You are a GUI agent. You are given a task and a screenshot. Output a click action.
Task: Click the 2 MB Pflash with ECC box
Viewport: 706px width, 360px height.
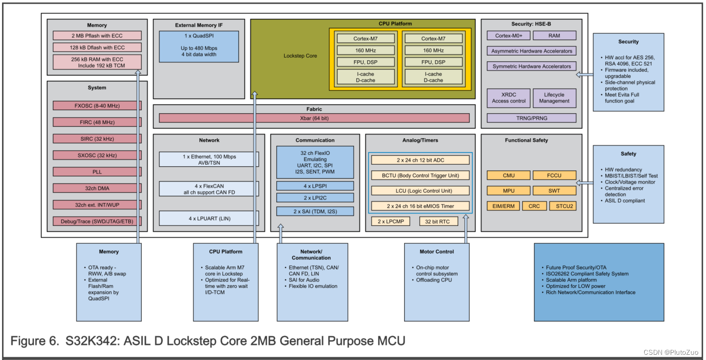(x=97, y=35)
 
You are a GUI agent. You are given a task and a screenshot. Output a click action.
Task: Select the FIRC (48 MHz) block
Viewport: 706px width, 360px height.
(x=97, y=122)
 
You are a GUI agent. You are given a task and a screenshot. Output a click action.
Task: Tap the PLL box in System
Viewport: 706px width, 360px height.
(x=97, y=171)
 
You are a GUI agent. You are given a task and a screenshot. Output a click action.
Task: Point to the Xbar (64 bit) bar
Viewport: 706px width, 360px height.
(x=314, y=118)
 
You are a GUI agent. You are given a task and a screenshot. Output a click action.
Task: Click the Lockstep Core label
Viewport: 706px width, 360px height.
(x=300, y=56)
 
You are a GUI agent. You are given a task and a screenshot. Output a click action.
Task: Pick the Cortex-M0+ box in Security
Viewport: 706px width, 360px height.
(x=508, y=35)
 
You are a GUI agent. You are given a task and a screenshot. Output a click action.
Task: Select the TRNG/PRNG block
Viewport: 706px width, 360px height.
(x=531, y=118)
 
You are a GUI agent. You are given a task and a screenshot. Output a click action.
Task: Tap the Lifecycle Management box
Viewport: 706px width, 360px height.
(x=554, y=98)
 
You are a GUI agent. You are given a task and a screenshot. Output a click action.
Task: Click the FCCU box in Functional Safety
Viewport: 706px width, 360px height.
(x=554, y=175)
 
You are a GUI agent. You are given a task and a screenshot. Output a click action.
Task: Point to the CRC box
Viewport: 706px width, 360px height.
(x=534, y=206)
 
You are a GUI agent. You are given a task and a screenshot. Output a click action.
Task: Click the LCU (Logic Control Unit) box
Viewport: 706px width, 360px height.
(x=420, y=190)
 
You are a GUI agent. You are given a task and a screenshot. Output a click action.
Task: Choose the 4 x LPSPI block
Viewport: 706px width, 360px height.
(x=315, y=185)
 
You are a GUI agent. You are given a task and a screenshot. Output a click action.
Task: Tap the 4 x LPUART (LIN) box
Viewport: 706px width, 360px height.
(x=209, y=218)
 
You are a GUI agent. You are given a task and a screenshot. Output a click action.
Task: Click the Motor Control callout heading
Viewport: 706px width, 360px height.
(x=436, y=251)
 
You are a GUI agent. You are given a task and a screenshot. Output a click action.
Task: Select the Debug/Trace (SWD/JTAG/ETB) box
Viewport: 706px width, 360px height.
(x=97, y=221)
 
